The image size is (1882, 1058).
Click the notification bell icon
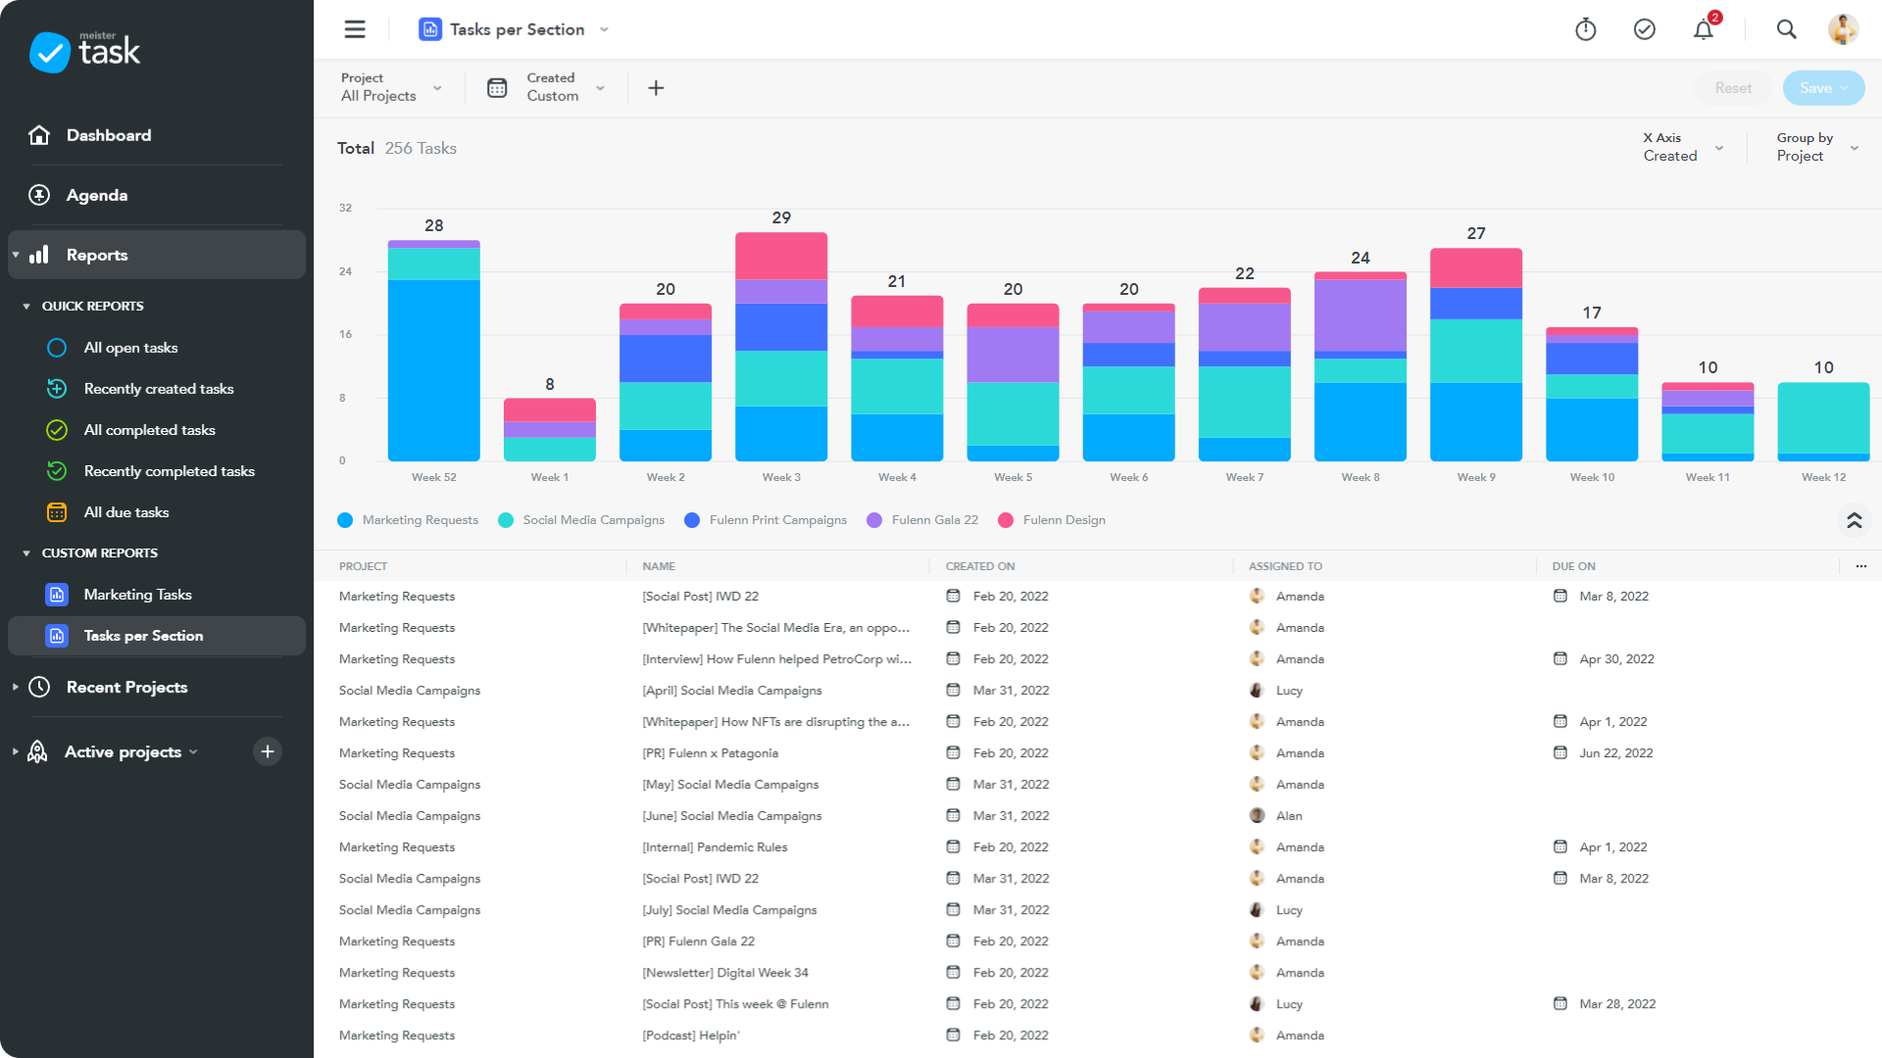(1704, 30)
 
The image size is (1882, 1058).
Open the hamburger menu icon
(355, 29)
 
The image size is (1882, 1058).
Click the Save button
(1822, 88)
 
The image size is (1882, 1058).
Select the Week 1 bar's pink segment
(550, 409)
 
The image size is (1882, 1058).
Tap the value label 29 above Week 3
(781, 217)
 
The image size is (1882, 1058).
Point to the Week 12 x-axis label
(1823, 477)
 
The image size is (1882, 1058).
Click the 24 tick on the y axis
(345, 271)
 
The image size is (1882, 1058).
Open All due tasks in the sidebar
(126, 512)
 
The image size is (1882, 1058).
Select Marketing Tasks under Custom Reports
(137, 595)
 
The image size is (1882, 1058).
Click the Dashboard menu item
(108, 135)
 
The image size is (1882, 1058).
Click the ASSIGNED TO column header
(1285, 566)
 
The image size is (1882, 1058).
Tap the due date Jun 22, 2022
(1615, 753)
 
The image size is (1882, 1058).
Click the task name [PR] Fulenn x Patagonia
(710, 753)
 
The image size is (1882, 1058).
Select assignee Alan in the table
(1288, 816)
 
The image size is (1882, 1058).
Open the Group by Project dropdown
(1816, 147)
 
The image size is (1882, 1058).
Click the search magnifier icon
(1786, 30)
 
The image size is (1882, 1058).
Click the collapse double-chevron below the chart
(1854, 520)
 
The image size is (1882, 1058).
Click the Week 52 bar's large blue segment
(434, 369)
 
